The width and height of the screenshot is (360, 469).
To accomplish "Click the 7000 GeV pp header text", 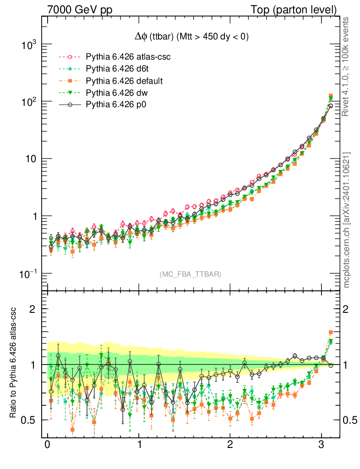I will [80, 10].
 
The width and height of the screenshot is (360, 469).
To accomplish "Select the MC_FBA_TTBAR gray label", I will [191, 274].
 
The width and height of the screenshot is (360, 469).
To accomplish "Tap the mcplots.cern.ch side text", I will [347, 220].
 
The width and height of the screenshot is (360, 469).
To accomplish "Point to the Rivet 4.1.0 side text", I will [347, 66].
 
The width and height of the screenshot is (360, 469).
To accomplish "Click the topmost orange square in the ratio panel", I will [331, 333].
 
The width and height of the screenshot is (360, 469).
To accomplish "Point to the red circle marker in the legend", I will [70, 57].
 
